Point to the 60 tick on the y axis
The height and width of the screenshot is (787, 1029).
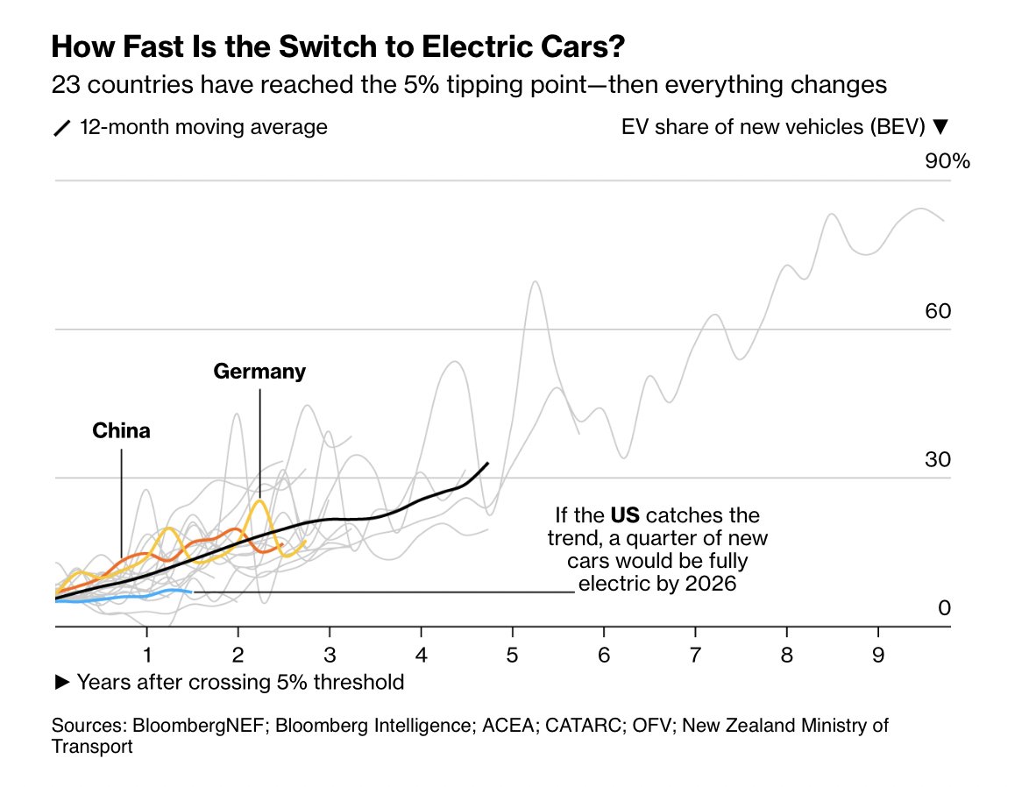click(939, 311)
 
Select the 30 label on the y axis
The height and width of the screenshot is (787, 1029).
click(939, 459)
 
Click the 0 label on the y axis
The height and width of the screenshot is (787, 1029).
click(944, 607)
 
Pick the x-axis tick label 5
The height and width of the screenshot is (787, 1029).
click(513, 654)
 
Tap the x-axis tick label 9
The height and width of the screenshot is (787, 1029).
click(878, 654)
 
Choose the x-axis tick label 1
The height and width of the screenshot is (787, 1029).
click(147, 654)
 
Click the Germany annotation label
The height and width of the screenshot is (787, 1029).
click(259, 372)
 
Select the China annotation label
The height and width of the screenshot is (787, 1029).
click(121, 431)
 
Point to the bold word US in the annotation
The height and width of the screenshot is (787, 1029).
click(626, 514)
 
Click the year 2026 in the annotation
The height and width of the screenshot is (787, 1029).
click(711, 583)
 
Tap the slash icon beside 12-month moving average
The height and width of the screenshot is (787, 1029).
click(62, 128)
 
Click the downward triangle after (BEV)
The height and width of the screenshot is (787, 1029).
click(940, 127)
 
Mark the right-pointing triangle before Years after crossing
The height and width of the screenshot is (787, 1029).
click(61, 682)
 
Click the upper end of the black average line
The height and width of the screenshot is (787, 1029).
click(488, 463)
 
